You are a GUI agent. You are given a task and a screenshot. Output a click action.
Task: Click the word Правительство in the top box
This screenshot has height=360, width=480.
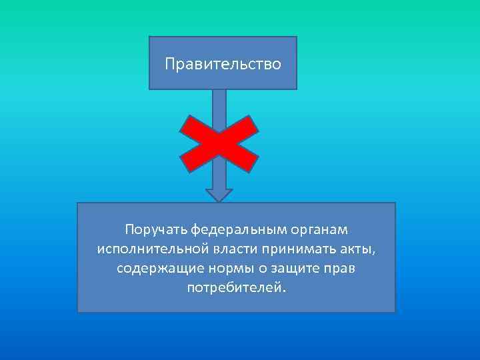[223, 65]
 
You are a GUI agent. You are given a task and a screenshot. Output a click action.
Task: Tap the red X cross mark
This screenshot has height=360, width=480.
[219, 144]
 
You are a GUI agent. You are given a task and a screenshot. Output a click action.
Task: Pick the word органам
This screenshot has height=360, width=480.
[319, 230]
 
